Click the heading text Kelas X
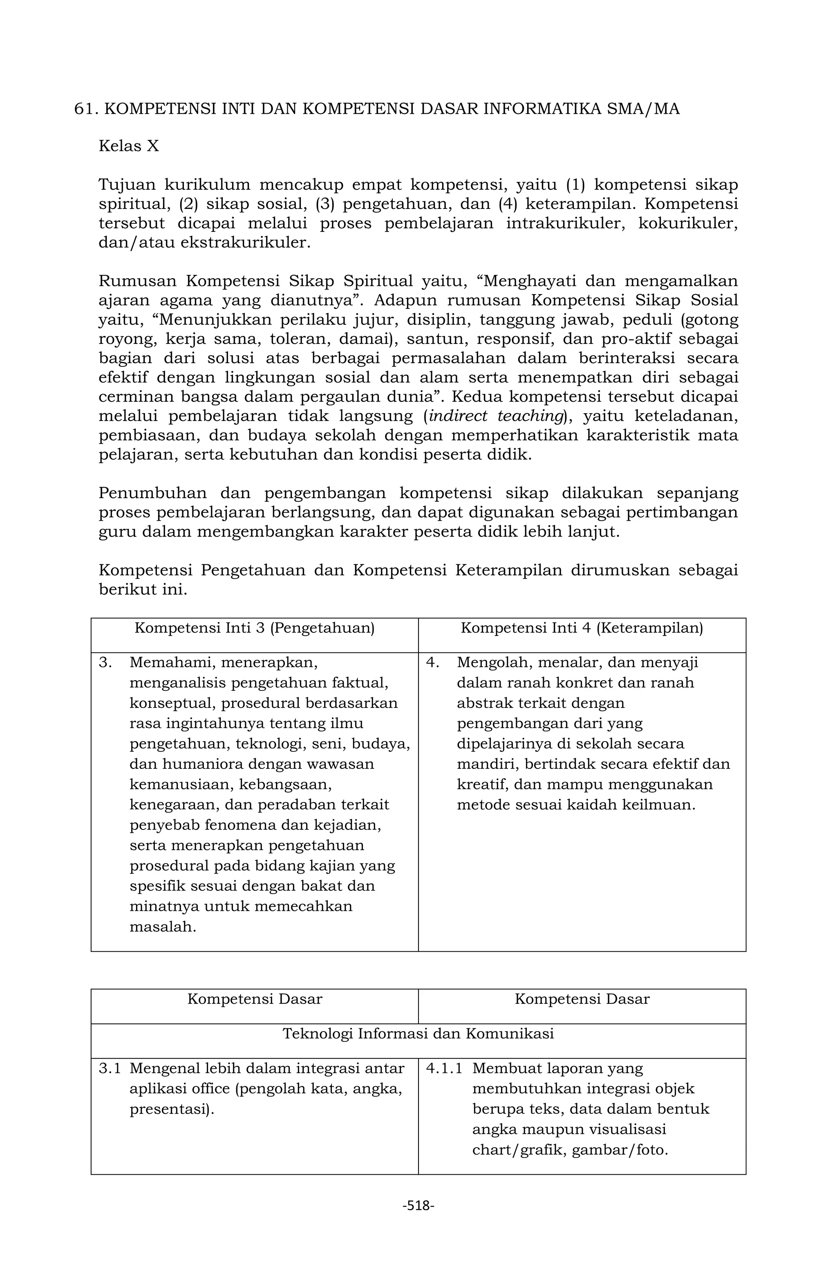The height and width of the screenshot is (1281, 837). (129, 146)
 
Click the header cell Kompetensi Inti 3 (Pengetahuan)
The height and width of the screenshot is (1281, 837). (255, 628)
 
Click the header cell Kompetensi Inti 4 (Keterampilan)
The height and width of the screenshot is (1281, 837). (582, 628)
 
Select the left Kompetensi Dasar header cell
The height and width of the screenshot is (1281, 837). (255, 999)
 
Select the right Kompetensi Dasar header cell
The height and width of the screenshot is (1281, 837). (582, 999)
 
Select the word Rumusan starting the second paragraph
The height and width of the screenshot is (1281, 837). (137, 281)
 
